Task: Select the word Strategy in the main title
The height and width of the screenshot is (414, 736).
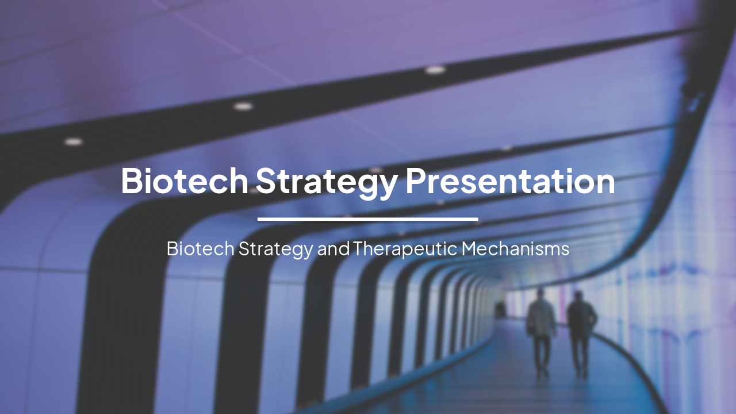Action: (x=326, y=181)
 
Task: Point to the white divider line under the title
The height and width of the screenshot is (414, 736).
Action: (x=367, y=219)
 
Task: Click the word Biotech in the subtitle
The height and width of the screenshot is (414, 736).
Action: (x=200, y=249)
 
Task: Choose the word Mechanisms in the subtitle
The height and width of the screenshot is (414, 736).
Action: (x=515, y=249)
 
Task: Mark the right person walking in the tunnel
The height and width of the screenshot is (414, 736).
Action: (x=581, y=333)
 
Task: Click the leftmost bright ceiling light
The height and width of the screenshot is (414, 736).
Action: (x=73, y=141)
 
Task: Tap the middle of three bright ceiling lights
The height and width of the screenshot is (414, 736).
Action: (x=243, y=106)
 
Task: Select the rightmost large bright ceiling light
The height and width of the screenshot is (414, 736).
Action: (x=435, y=70)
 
